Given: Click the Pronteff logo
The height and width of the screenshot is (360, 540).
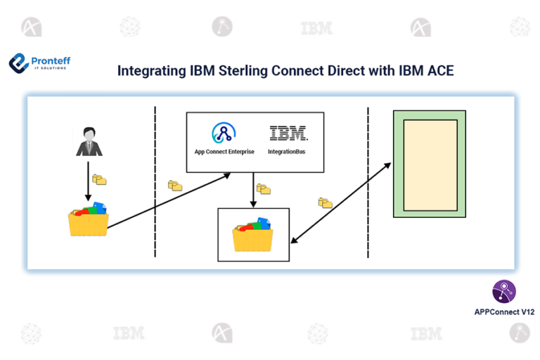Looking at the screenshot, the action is pyautogui.click(x=39, y=63).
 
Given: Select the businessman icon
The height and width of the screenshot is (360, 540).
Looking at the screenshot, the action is pyautogui.click(x=89, y=141).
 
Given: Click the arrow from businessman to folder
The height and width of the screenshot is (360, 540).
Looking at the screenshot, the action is pyautogui.click(x=88, y=181).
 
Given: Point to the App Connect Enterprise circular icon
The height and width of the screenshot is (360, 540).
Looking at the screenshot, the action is pyautogui.click(x=224, y=133).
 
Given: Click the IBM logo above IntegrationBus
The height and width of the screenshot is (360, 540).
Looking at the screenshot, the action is pyautogui.click(x=288, y=133).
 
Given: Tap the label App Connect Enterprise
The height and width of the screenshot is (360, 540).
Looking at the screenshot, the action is pyautogui.click(x=224, y=152).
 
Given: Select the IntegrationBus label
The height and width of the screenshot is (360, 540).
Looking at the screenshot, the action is pyautogui.click(x=287, y=152).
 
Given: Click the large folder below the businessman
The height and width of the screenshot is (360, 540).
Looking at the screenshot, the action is pyautogui.click(x=89, y=219).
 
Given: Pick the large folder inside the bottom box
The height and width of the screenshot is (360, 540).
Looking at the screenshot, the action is pyautogui.click(x=253, y=234).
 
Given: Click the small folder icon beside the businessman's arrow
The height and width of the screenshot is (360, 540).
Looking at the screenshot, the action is pyautogui.click(x=99, y=179).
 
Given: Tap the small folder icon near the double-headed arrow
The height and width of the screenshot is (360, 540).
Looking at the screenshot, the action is pyautogui.click(x=325, y=202).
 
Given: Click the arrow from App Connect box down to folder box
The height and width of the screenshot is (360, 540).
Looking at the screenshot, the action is pyautogui.click(x=253, y=190).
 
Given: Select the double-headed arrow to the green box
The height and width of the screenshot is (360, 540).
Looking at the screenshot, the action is pyautogui.click(x=341, y=203).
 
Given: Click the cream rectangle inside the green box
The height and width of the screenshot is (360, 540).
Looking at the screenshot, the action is pyautogui.click(x=430, y=165).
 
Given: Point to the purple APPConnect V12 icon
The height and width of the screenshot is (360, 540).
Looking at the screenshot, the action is pyautogui.click(x=504, y=291).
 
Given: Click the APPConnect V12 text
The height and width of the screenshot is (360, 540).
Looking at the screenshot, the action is pyautogui.click(x=504, y=312).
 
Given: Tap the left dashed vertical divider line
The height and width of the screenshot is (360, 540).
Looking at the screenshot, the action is pyautogui.click(x=155, y=181).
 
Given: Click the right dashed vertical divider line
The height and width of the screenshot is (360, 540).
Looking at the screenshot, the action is pyautogui.click(x=368, y=182).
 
